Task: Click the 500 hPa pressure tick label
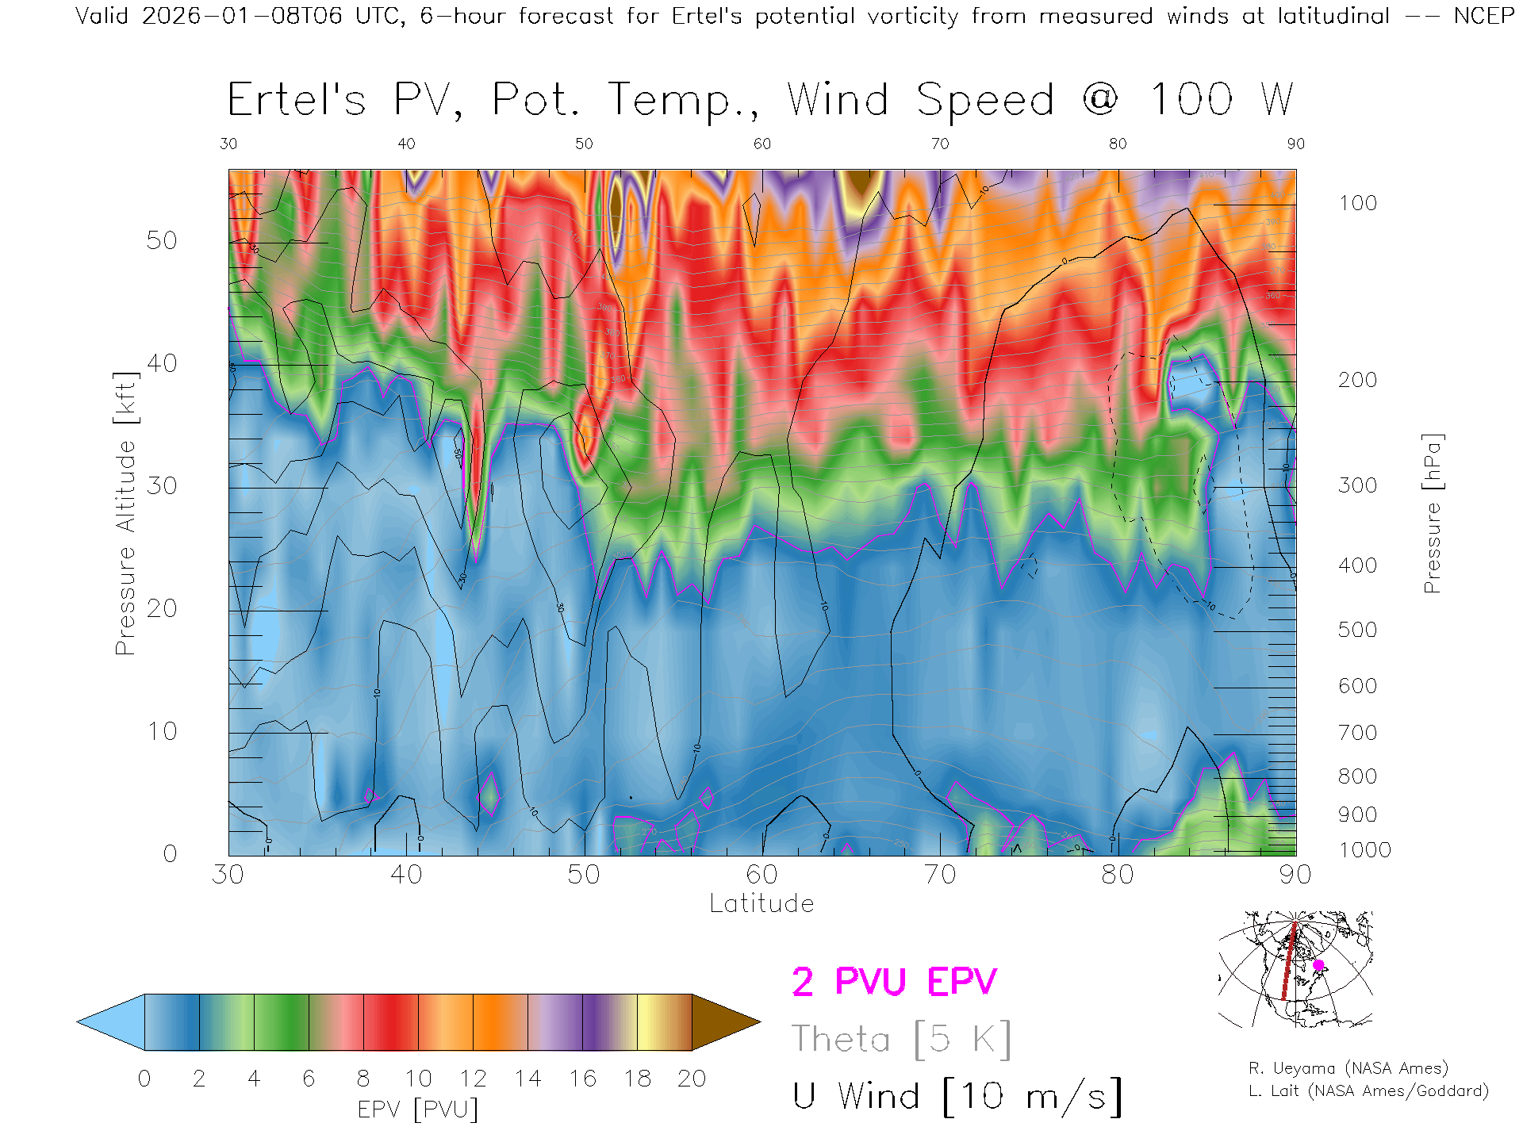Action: tap(1357, 630)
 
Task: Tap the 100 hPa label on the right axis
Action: tap(1357, 203)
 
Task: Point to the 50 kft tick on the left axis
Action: tap(161, 240)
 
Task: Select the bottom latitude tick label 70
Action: tap(939, 874)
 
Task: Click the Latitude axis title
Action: tap(761, 903)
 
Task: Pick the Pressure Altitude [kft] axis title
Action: tap(125, 513)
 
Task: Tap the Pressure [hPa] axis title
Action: tap(1432, 513)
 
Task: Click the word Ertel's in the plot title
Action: tap(297, 101)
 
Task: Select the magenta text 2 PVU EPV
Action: tap(894, 982)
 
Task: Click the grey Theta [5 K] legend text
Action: tap(901, 1039)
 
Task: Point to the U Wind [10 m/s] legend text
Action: tap(957, 1096)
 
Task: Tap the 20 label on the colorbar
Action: tap(692, 1079)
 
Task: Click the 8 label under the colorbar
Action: tap(363, 1079)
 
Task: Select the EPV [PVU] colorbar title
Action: tap(418, 1109)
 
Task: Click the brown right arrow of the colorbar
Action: tap(723, 1022)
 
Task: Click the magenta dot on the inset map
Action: tap(1318, 965)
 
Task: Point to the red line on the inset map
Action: tap(1288, 964)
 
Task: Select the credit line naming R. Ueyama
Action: tap(1348, 1068)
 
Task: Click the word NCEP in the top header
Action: tap(1484, 16)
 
